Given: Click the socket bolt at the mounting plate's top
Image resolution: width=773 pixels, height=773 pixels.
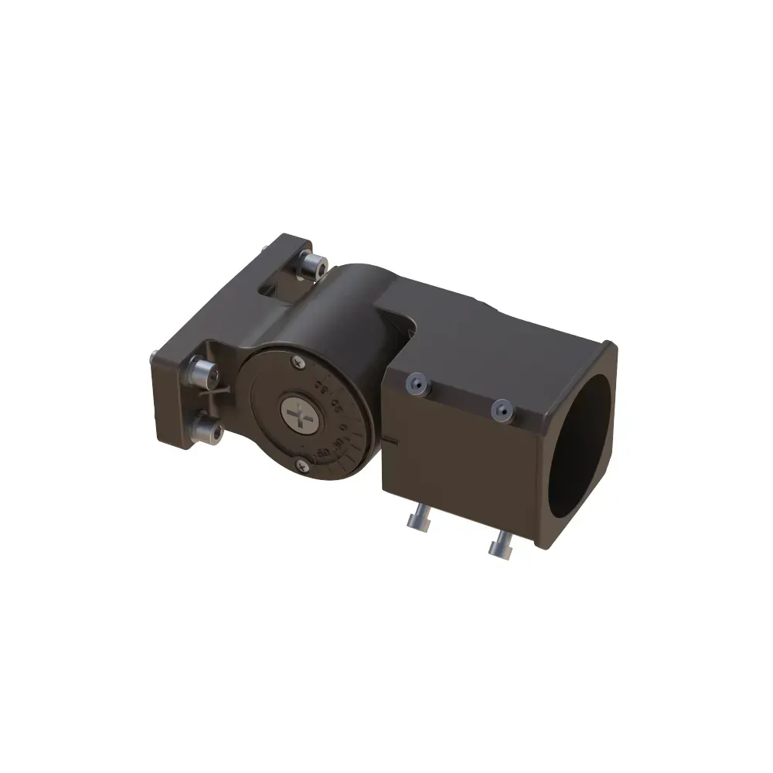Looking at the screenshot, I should coord(312,266).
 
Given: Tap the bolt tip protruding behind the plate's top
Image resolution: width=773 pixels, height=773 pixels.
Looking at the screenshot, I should coord(265,247).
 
